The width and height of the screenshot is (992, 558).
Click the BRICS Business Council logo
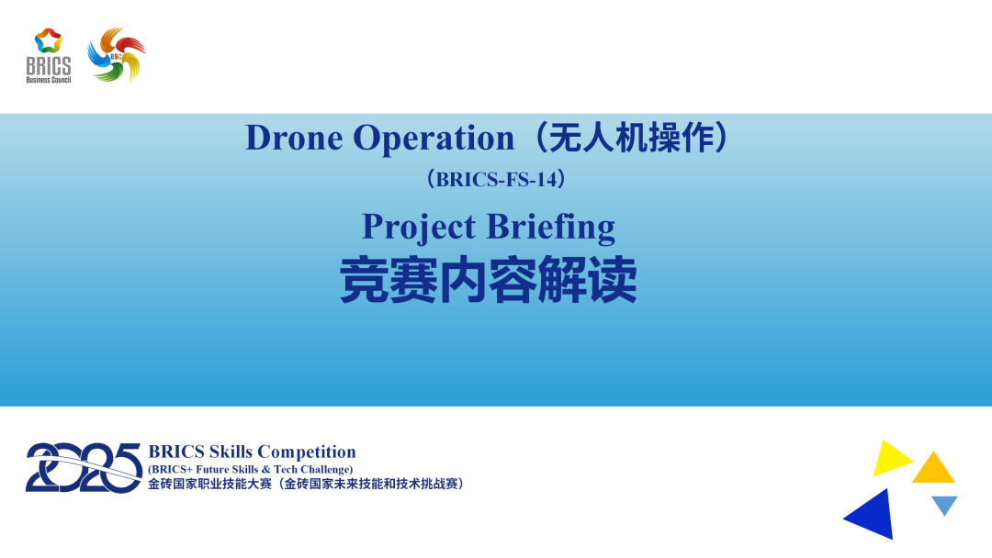click(x=48, y=55)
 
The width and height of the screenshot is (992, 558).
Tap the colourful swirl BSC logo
click(x=117, y=55)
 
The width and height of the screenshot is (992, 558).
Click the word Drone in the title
click(x=294, y=138)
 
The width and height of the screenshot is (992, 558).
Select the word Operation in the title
click(x=434, y=138)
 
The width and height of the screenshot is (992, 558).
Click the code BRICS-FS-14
click(x=496, y=180)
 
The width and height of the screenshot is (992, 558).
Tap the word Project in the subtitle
click(x=418, y=227)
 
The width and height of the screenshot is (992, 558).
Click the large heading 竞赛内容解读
click(x=489, y=281)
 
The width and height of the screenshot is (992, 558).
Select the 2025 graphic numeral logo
click(x=84, y=467)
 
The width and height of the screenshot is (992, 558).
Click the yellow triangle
click(x=888, y=458)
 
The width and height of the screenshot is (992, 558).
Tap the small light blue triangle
click(x=944, y=504)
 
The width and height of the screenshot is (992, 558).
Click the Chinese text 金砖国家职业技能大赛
click(x=210, y=484)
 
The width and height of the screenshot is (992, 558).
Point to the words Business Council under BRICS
click(x=48, y=80)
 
